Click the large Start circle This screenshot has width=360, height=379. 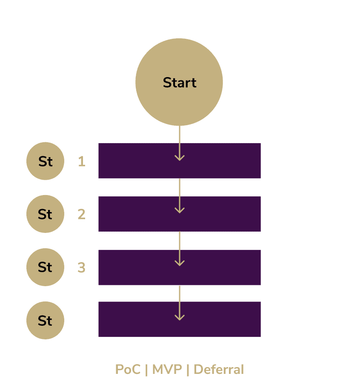click(x=179, y=82)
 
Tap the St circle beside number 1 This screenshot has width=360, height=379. click(x=45, y=162)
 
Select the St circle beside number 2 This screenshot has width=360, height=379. click(x=45, y=214)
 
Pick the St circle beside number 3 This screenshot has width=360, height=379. click(x=45, y=267)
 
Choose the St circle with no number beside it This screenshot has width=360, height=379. click(x=45, y=321)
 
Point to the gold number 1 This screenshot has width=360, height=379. click(x=81, y=162)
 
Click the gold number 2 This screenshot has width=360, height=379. click(x=81, y=214)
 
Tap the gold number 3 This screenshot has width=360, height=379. click(x=81, y=268)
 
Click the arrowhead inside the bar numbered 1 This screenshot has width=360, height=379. click(x=180, y=158)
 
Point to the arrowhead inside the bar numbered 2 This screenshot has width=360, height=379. click(x=180, y=210)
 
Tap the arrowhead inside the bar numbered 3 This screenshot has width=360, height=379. click(x=180, y=263)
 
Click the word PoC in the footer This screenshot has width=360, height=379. click(x=128, y=369)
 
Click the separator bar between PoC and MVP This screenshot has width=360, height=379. click(x=146, y=369)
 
